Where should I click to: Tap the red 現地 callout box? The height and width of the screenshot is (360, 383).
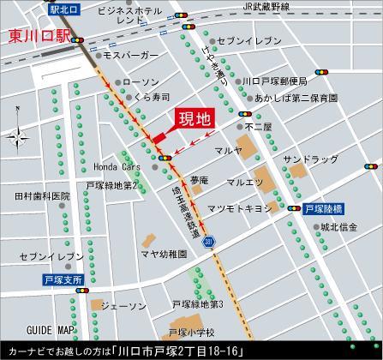coord(196,120)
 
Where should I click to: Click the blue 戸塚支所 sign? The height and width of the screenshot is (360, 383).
coord(63,280)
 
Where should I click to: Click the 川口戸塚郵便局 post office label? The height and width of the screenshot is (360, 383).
coord(273,81)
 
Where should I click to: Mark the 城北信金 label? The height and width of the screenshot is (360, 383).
coord(337,227)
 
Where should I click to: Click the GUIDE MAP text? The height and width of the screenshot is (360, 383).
coord(51,330)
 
